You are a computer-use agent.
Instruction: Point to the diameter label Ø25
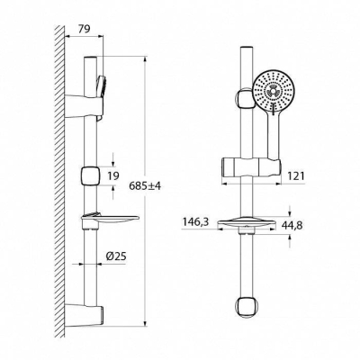click(115, 257)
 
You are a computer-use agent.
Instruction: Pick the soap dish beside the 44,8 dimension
click(243, 224)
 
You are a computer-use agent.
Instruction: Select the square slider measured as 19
click(88, 175)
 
